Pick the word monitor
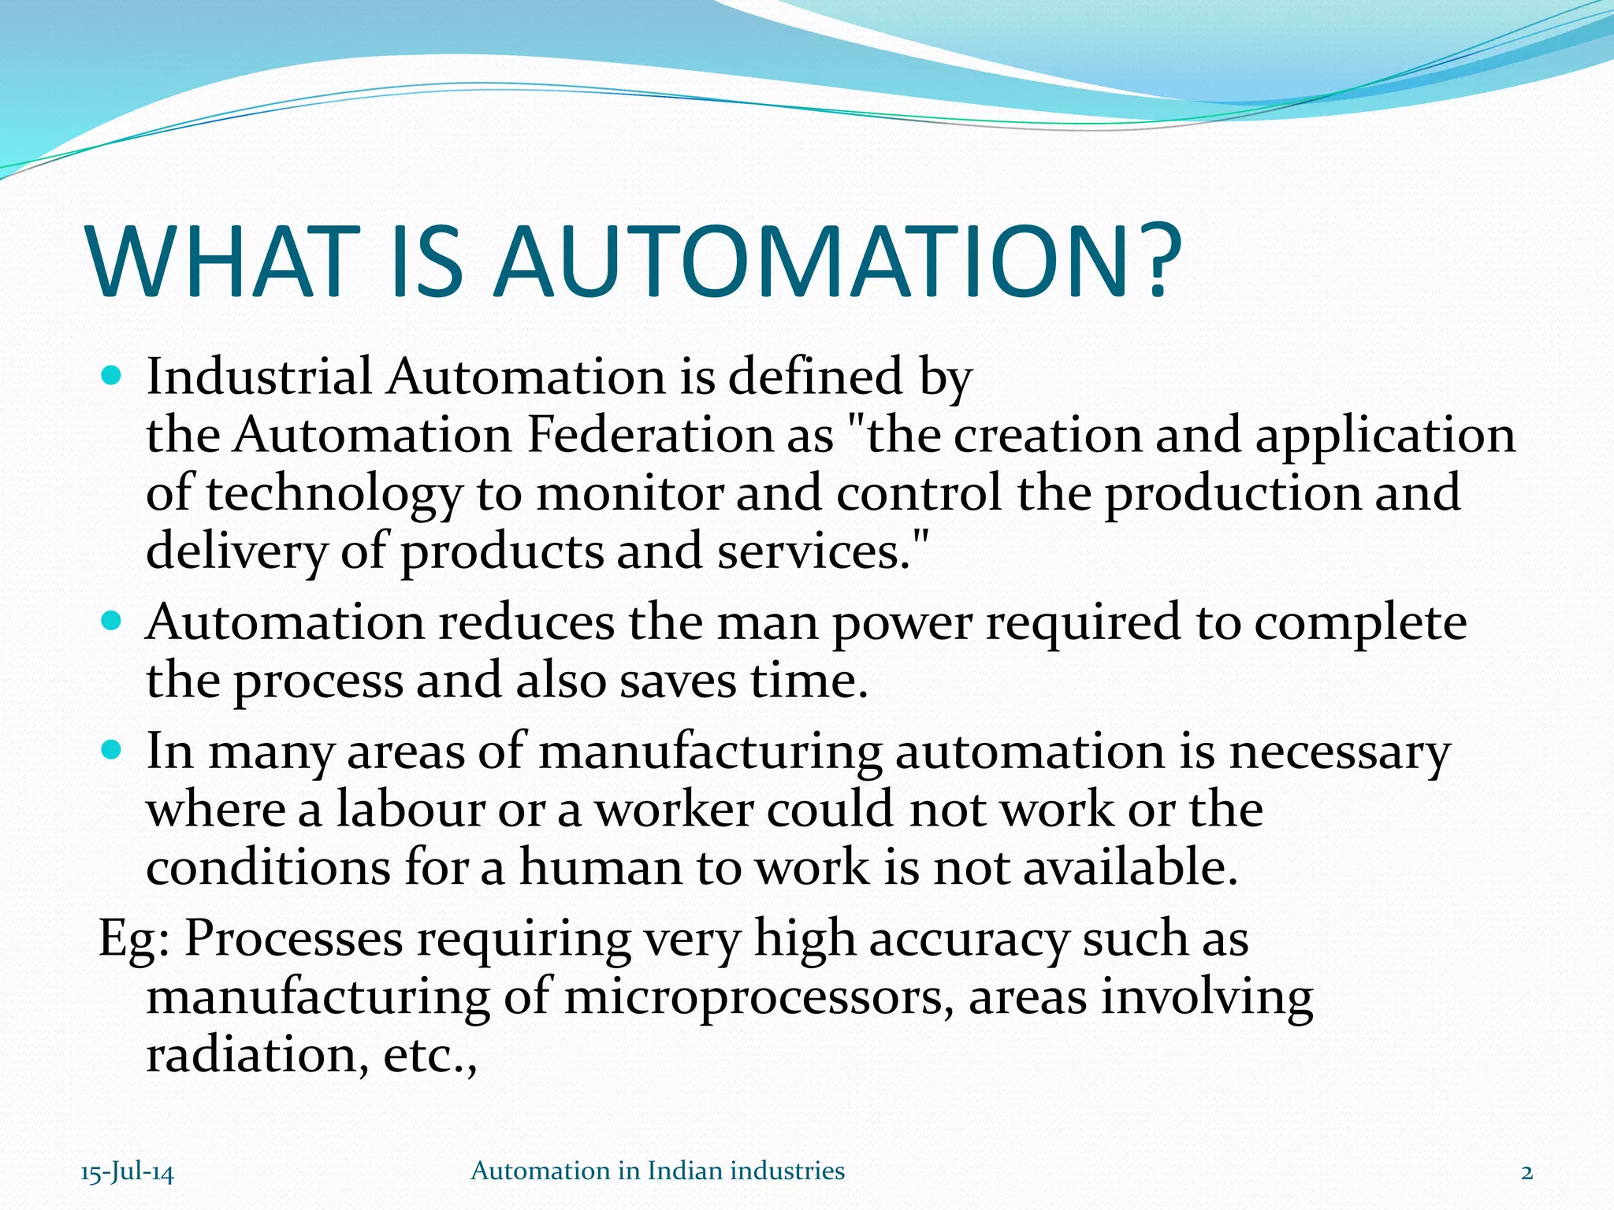pyautogui.click(x=630, y=493)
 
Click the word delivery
pyautogui.click(x=236, y=551)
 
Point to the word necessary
pyautogui.click(x=1340, y=752)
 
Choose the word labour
pyautogui.click(x=411, y=809)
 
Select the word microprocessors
pyautogui.click(x=753, y=997)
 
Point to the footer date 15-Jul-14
pyautogui.click(x=127, y=1172)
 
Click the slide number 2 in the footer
pyautogui.click(x=1527, y=1172)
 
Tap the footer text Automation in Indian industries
pyautogui.click(x=657, y=1171)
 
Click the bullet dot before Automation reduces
pyautogui.click(x=112, y=622)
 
